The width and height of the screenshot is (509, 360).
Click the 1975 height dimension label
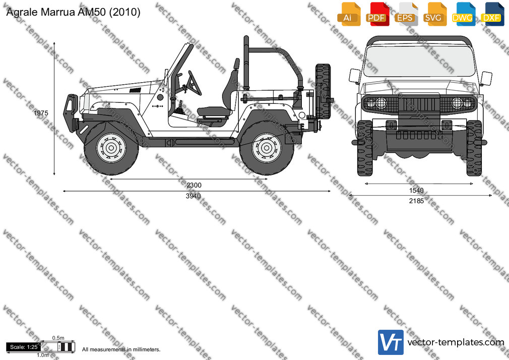click(41, 113)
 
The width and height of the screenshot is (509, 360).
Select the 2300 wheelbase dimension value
click(194, 185)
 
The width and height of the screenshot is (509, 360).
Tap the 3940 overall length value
click(193, 196)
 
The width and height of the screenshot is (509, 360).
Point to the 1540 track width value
click(416, 191)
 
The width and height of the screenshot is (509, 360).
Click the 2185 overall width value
click(416, 201)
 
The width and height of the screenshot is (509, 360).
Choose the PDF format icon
click(377, 14)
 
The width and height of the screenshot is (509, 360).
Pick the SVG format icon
click(434, 14)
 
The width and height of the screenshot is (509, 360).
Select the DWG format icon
click(463, 14)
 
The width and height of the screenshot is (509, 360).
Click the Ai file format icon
click(349, 14)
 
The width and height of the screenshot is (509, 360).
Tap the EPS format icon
click(406, 14)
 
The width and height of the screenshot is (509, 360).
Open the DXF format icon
click(492, 14)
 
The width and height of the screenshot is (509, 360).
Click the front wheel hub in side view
click(111, 148)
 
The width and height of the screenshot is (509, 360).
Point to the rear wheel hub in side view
click(267, 148)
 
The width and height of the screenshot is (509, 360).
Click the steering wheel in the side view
click(194, 83)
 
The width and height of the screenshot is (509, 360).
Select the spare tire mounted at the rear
click(323, 91)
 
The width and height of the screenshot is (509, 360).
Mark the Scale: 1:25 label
click(24, 347)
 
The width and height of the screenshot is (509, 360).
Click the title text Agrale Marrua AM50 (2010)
click(74, 12)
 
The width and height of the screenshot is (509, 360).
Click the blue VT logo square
click(391, 342)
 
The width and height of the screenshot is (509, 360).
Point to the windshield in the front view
click(419, 62)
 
